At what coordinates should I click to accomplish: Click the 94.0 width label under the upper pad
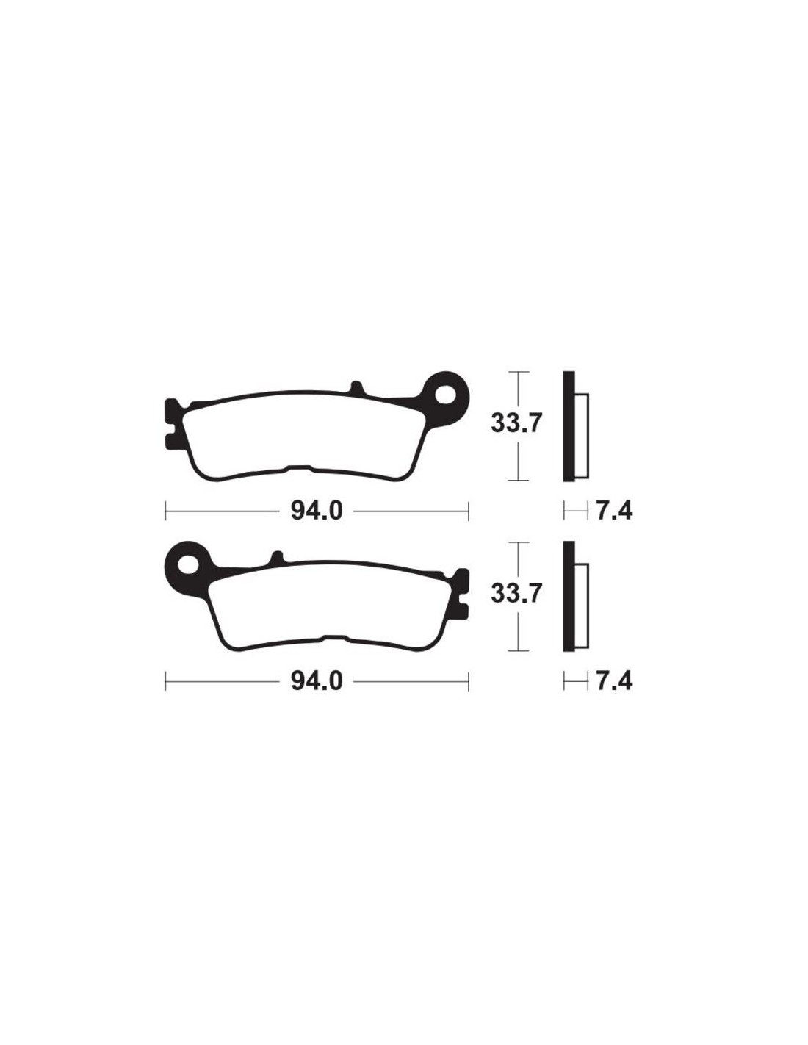tap(317, 511)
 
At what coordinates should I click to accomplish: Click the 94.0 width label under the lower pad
tap(317, 681)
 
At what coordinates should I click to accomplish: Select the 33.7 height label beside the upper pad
tap(516, 424)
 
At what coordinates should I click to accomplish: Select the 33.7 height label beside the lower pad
tap(516, 594)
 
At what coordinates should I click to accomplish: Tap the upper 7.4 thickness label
tap(614, 511)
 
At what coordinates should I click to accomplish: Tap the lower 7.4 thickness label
tap(614, 681)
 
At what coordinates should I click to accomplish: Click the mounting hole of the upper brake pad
tap(444, 395)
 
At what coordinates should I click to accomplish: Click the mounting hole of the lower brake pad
tap(189, 564)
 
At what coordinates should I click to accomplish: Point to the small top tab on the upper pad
tap(355, 389)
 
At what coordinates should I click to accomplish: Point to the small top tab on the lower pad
tap(277, 559)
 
